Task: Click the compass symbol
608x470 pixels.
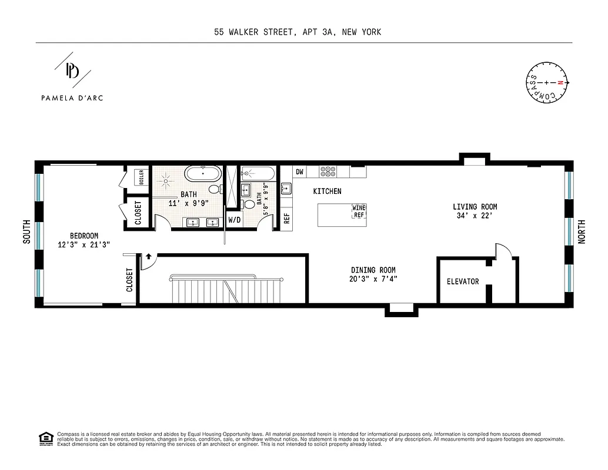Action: (x=546, y=83)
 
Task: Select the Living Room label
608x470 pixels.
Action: (x=475, y=211)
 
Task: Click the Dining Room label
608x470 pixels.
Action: (x=373, y=274)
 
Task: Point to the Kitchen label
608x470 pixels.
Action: (x=327, y=192)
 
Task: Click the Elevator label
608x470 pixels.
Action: (x=462, y=281)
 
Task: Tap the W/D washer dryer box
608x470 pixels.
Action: (x=234, y=220)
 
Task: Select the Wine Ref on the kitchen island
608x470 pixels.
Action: (x=358, y=211)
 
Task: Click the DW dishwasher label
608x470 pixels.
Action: (x=299, y=172)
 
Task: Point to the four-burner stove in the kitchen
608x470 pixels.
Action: (x=328, y=172)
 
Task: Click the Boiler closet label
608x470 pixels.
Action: (x=141, y=177)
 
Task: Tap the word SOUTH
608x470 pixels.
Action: (x=26, y=232)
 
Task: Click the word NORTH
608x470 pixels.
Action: (x=582, y=232)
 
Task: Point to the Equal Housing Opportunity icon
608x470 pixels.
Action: (x=45, y=438)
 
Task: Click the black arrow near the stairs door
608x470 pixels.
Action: (x=149, y=256)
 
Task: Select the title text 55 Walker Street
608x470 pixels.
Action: (x=297, y=32)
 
